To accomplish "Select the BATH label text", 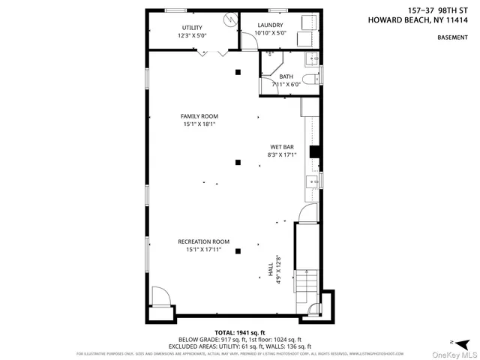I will tap(286, 76).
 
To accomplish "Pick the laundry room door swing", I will tap(247, 40).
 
